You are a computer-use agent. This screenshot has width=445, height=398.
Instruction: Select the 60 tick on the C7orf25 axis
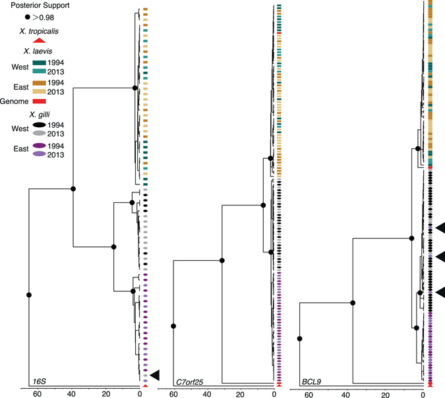173,394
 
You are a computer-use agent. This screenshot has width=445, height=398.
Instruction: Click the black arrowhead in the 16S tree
155,375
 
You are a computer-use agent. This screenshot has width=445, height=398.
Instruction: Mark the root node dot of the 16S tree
28,294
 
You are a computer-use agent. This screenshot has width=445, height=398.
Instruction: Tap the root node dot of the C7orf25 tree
173,326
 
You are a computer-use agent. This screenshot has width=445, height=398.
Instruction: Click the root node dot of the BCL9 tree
300,338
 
